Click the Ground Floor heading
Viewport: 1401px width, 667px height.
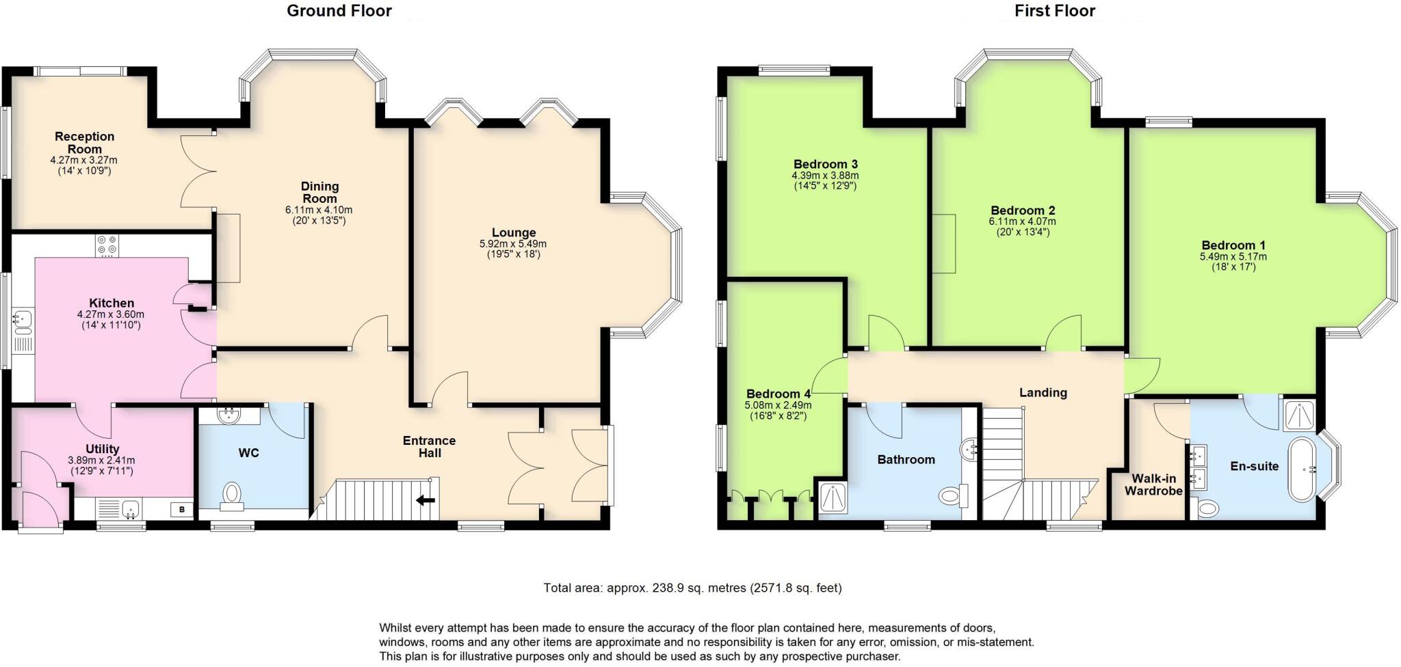pos(339,11)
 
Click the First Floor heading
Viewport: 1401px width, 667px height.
pos(1054,11)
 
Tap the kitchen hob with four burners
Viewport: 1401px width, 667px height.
pos(107,245)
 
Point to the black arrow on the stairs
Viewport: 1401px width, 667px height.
pos(425,501)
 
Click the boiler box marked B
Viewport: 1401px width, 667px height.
pos(181,509)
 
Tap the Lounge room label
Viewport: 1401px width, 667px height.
pos(513,232)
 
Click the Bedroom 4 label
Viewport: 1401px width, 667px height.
pos(778,394)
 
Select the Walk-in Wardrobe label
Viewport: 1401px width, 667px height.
pos(1153,485)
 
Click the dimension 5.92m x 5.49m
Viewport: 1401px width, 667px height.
pos(513,244)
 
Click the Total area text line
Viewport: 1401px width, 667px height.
pos(692,588)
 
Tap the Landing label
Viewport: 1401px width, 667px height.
pos(1043,392)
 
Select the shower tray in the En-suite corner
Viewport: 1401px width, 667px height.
pos(1300,416)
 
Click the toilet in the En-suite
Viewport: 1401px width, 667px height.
pos(1208,508)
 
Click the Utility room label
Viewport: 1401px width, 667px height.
pos(103,449)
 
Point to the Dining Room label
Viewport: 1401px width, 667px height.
pos(319,192)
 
